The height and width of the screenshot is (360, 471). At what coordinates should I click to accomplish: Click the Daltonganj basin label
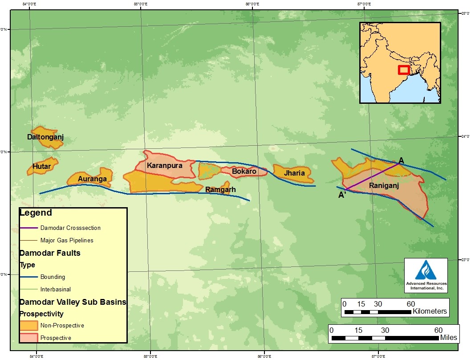[45, 137]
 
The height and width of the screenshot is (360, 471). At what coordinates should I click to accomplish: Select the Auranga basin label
[92, 179]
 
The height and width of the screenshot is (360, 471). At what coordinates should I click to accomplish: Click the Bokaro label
[244, 171]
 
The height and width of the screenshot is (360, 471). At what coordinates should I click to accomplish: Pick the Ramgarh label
[220, 189]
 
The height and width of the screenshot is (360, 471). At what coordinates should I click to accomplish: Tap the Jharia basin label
[294, 173]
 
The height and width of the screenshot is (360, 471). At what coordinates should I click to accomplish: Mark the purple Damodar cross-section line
[372, 177]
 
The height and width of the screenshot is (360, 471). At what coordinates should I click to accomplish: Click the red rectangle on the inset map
[403, 70]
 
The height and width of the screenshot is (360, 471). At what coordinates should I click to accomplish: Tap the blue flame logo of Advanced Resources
[426, 270]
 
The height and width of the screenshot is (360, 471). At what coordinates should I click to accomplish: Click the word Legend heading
[36, 213]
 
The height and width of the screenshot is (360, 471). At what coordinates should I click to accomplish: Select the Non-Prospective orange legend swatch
[28, 325]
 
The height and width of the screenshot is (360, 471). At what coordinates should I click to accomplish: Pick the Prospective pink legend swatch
[28, 338]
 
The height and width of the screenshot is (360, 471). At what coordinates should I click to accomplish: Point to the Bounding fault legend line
[28, 277]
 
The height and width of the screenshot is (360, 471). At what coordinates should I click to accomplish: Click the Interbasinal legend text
[55, 289]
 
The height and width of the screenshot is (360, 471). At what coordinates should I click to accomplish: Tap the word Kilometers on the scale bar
[430, 311]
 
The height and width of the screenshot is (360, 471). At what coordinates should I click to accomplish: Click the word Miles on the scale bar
[448, 338]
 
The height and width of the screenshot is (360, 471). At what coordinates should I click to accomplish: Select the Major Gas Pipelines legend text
[67, 240]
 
